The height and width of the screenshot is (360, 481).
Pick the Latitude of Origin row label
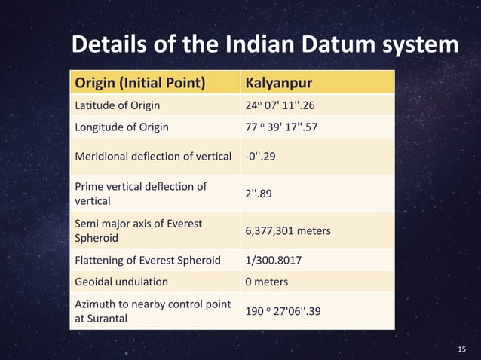pyautogui.click(x=117, y=105)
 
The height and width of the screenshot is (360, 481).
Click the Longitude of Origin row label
pyautogui.click(x=121, y=127)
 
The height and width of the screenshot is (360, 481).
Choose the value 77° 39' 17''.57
pyautogui.click(x=281, y=127)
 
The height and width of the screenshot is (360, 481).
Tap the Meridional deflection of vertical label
pyautogui.click(x=152, y=157)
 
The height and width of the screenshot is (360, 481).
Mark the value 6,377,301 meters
pyautogui.click(x=288, y=230)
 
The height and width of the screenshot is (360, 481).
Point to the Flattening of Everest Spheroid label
pyautogui.click(x=147, y=261)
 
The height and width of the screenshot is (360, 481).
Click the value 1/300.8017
pyautogui.click(x=274, y=261)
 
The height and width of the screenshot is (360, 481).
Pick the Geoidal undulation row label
pyautogui.click(x=121, y=282)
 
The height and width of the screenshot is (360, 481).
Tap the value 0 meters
pyautogui.click(x=267, y=282)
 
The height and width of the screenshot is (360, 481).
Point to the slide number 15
pyautogui.click(x=463, y=349)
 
